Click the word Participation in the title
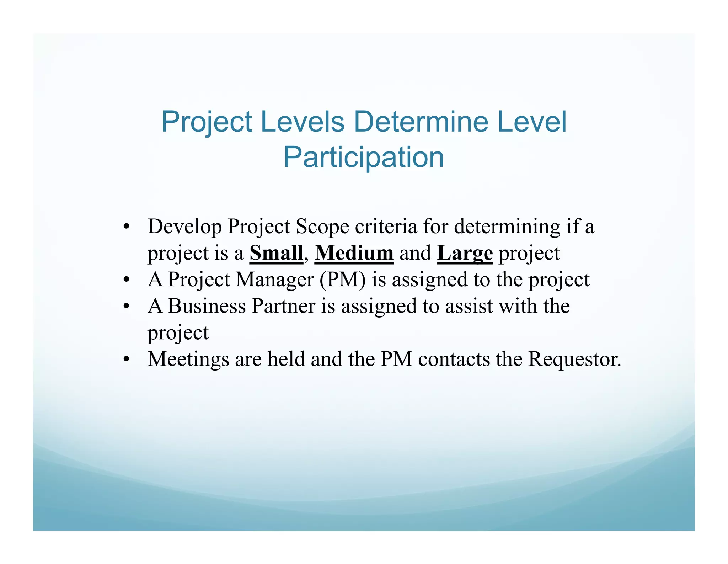pos(364,158)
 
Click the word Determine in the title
pos(421,122)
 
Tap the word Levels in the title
pos(303,122)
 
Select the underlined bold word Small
pos(276,253)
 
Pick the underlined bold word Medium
pos(354,253)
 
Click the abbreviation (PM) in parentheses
pos(342,280)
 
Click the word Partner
pos(283,306)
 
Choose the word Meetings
pos(188,360)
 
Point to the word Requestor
pos(574,360)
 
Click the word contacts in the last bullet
pos(454,359)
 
